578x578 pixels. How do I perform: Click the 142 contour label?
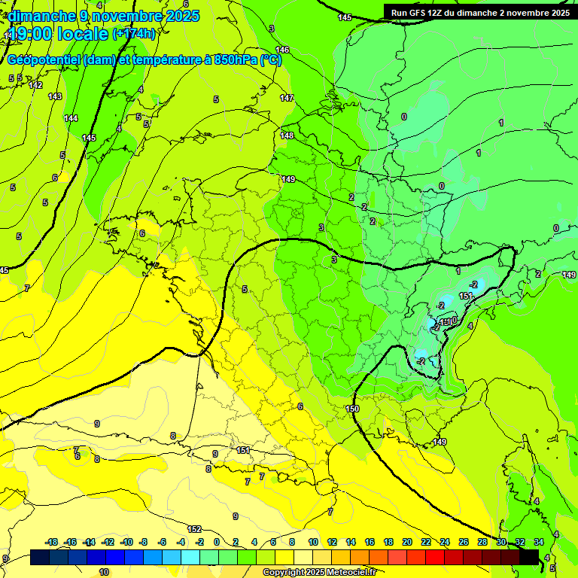(35, 85)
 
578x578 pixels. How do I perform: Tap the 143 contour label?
(55, 96)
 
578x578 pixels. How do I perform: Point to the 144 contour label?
(71, 118)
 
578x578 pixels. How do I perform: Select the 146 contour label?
(282, 50)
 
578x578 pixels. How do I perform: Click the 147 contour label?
(287, 99)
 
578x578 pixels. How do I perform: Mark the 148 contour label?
(287, 135)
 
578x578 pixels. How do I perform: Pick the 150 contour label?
(352, 409)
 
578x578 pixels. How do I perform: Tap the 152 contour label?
(194, 529)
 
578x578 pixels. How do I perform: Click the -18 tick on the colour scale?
(52, 542)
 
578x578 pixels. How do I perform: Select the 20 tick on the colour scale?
(406, 542)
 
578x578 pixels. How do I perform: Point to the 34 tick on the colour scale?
(539, 542)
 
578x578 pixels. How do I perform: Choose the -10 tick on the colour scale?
(126, 542)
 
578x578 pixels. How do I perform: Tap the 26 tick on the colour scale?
(463, 542)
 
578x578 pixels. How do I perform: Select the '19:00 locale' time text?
(59, 33)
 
